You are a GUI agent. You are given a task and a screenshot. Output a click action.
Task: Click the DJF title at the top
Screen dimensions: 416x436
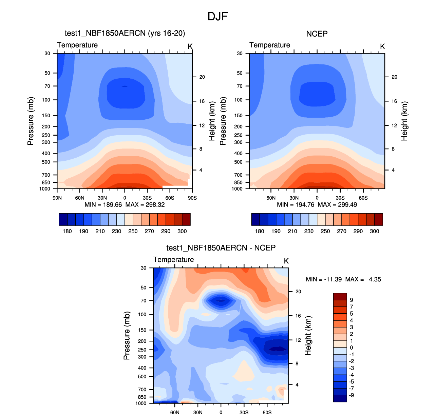[217, 16]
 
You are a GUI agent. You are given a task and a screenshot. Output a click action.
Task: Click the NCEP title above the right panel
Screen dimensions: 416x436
[317, 34]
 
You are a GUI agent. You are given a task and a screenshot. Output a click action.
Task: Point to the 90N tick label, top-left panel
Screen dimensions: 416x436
[57, 198]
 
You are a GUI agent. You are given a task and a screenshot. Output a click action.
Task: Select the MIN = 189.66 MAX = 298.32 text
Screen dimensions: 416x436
[125, 204]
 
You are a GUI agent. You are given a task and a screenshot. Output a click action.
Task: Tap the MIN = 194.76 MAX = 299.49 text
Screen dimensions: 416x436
[317, 204]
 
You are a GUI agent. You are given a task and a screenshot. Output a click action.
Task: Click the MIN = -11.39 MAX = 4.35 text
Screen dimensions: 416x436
[343, 279]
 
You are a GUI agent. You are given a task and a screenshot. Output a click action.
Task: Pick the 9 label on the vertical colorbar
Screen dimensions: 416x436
[352, 300]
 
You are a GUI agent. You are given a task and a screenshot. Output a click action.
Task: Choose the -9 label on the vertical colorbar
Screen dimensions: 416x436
[352, 395]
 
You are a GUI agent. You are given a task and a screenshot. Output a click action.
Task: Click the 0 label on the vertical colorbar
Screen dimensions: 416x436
[352, 348]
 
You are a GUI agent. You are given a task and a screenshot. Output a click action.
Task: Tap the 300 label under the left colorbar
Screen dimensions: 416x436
[182, 231]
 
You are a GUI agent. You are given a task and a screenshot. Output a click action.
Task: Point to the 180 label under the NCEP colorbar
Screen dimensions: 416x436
[259, 231]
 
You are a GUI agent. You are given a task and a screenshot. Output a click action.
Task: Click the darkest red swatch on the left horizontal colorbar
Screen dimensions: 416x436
[186, 219]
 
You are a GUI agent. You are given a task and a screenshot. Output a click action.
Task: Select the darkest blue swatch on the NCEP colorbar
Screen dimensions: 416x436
[255, 219]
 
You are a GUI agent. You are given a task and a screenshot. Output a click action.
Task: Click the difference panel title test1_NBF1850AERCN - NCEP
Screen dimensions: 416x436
[221, 248]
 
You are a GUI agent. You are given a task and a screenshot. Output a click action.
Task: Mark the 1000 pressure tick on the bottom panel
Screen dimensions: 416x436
[141, 403]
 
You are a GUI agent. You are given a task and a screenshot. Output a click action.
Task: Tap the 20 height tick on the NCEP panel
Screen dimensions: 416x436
[394, 77]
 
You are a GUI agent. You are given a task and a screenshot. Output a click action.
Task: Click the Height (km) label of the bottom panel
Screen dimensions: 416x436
[308, 336]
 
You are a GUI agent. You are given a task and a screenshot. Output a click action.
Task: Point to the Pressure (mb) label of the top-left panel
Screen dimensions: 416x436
[31, 121]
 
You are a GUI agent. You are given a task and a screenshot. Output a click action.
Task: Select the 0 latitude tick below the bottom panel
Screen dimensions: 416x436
[221, 412]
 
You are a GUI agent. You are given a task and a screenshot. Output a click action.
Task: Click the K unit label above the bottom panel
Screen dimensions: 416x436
[286, 261]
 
